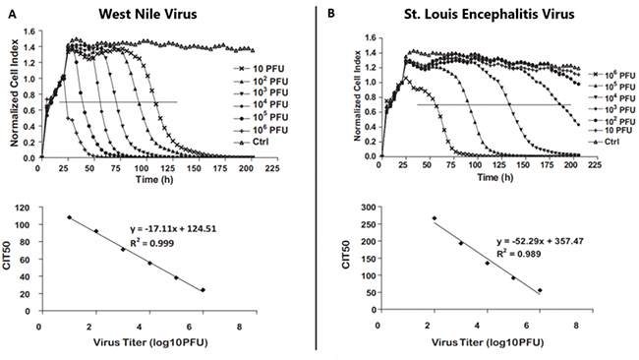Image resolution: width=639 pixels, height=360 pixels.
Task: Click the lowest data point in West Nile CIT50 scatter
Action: click(x=203, y=290)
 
